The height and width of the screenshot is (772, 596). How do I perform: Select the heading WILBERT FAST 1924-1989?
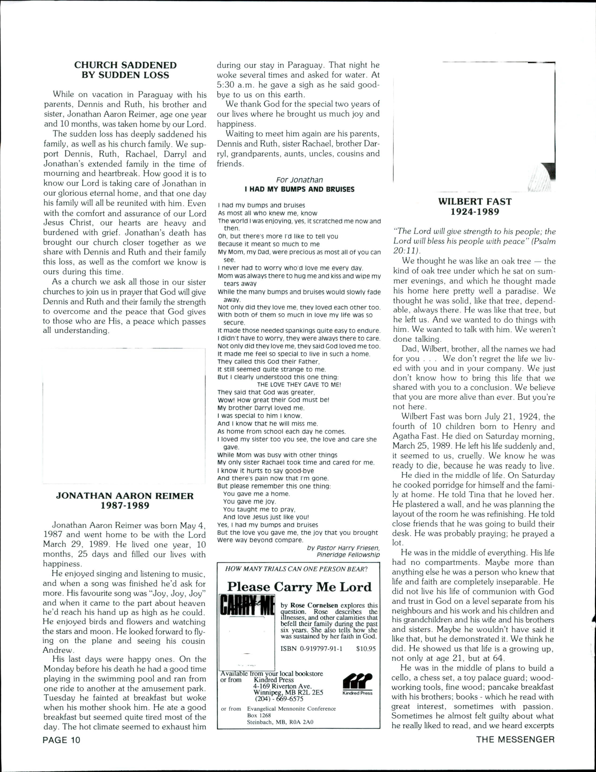[x=475, y=207]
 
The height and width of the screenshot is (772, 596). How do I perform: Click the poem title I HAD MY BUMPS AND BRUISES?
[x=299, y=189]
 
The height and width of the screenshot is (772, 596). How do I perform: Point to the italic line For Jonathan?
[x=299, y=180]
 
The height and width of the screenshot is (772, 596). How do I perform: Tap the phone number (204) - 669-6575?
[x=279, y=699]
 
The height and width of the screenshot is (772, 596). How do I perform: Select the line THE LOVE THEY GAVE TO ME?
[x=299, y=384]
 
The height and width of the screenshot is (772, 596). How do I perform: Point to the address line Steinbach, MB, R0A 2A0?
[x=280, y=722]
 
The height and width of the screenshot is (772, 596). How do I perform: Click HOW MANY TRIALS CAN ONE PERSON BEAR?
[x=296, y=569]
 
